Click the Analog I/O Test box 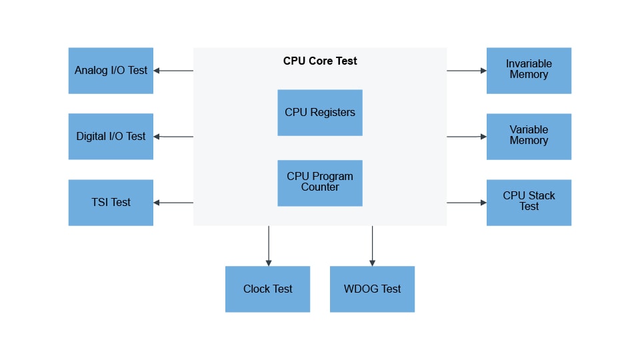click(111, 71)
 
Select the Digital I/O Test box click(111, 137)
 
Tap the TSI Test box click(111, 203)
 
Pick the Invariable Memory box click(529, 70)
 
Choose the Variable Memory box click(529, 136)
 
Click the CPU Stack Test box click(529, 202)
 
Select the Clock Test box click(267, 289)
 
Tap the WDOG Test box click(372, 289)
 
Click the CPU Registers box click(320, 113)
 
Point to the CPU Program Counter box click(320, 183)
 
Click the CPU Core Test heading click(320, 61)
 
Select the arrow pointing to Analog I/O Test click(173, 71)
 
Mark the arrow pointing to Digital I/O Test click(173, 137)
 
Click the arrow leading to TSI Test click(173, 203)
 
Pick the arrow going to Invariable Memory click(467, 70)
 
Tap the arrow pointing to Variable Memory click(467, 137)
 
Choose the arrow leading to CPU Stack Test click(467, 203)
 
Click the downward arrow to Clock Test click(269, 246)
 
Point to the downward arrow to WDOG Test click(372, 246)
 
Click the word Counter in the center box click(320, 187)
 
